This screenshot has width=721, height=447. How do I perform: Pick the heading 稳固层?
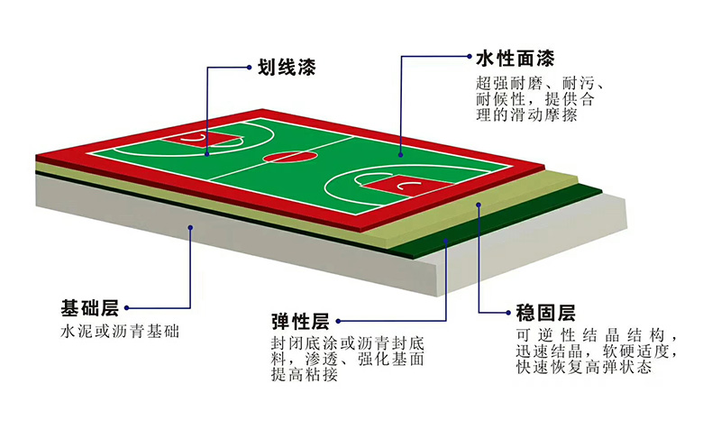(x=540, y=313)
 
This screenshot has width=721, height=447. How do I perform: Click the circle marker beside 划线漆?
(x=251, y=66)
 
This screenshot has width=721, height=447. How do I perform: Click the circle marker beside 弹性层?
(x=342, y=321)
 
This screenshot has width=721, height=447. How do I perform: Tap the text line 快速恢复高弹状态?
(x=585, y=367)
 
